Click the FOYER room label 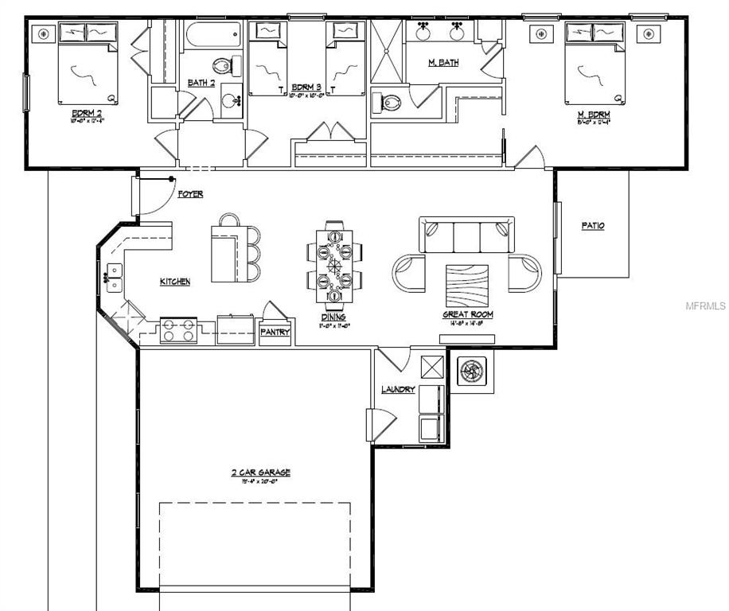(189, 194)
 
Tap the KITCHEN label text (175, 282)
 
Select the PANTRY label (276, 332)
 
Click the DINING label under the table (333, 317)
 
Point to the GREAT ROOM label (468, 315)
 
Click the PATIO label (593, 226)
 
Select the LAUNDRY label (398, 389)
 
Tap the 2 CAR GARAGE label (260, 473)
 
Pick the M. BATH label (443, 63)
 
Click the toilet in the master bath (388, 101)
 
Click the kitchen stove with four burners (179, 330)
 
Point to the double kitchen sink (115, 278)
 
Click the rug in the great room (468, 285)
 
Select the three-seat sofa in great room (466, 235)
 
